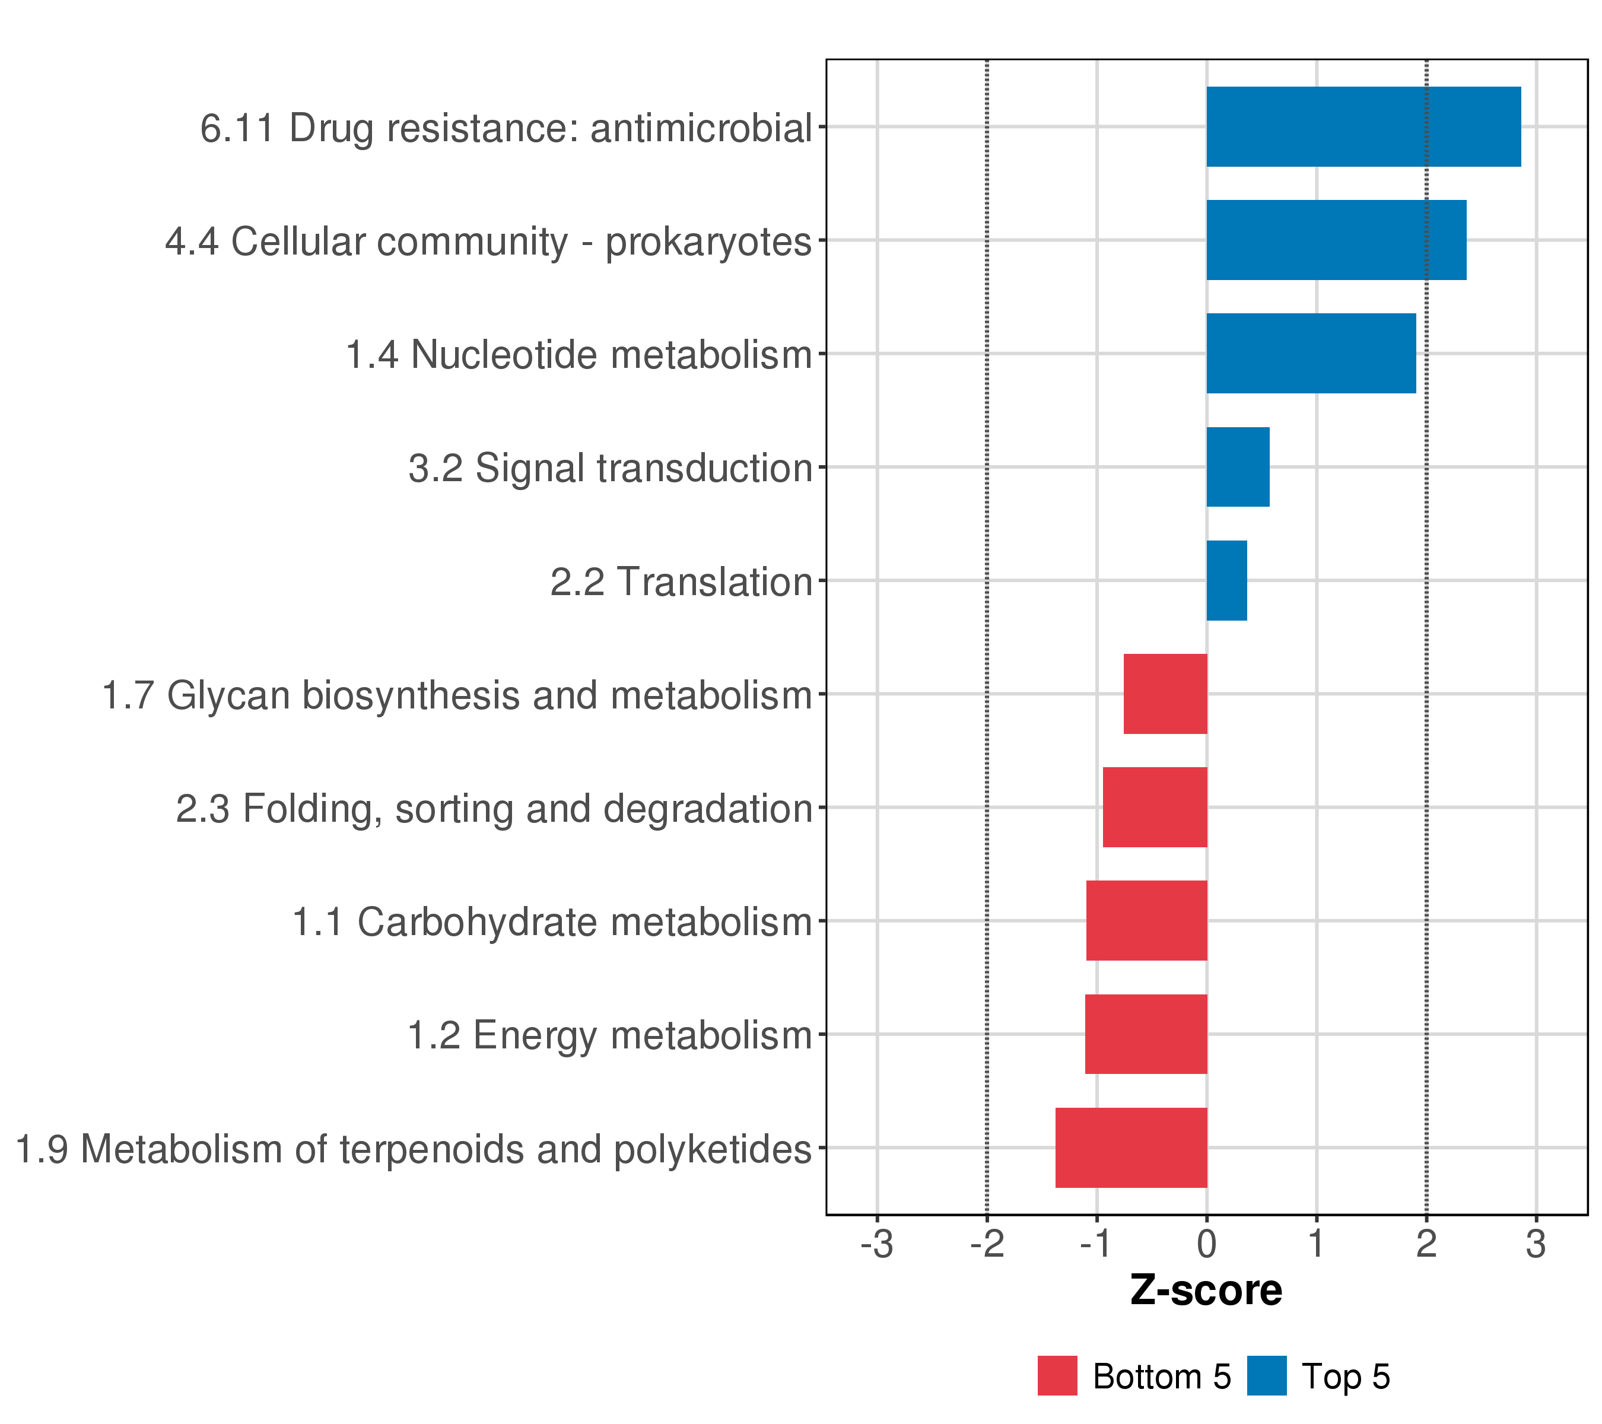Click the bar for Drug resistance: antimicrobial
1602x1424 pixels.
click(x=1363, y=126)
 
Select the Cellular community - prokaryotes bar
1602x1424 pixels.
click(x=1336, y=240)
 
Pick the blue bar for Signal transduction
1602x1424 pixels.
click(x=1238, y=466)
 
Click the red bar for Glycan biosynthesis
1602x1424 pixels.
click(x=1165, y=694)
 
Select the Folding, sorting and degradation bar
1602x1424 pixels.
click(x=1155, y=806)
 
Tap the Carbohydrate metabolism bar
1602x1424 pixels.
click(x=1147, y=920)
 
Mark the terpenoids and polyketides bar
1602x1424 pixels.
click(x=1131, y=1148)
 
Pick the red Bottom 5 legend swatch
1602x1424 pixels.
click(x=1057, y=1375)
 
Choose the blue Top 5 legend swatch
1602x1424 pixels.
click(x=1267, y=1375)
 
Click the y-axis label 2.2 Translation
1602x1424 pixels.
click(x=681, y=581)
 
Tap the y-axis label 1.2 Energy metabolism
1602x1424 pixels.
click(x=609, y=1035)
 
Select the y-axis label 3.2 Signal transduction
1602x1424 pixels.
click(x=610, y=468)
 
